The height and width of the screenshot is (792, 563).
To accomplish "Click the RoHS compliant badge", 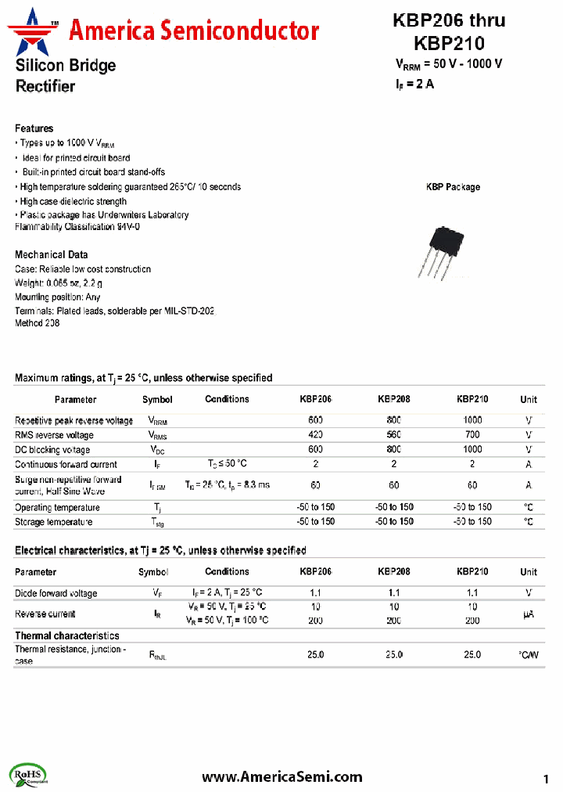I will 30,774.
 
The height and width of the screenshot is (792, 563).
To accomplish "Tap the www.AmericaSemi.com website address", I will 281,776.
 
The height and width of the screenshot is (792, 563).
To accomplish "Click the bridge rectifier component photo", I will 446,251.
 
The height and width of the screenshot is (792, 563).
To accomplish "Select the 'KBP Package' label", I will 453,187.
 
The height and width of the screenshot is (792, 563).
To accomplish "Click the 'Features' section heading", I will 34,128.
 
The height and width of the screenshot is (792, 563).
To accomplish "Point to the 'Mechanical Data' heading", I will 52,254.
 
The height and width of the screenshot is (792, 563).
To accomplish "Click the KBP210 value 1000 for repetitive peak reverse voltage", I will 472,420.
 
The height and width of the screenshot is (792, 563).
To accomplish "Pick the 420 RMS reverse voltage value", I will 315,435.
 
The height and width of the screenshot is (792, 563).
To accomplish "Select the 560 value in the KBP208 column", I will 393,435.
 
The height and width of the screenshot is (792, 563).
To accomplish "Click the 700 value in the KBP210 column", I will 472,435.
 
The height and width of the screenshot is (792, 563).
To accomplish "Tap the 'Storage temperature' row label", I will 53,522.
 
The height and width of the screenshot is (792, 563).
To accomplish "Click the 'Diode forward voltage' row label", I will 56,593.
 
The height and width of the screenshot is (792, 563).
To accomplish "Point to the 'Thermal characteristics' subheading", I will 67,635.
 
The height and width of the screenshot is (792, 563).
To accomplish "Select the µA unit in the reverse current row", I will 529,615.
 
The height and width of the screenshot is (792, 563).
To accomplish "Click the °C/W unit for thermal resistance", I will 529,654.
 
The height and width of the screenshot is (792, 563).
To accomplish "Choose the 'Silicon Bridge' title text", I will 66,66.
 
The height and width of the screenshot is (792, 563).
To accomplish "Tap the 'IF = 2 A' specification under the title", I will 414,84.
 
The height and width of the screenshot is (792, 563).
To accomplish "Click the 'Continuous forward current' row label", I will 66,464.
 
